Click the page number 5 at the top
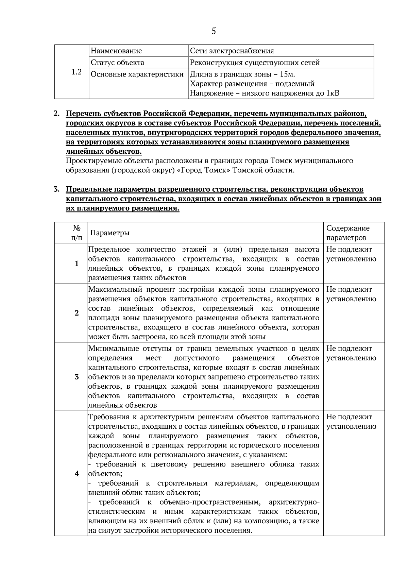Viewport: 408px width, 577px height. click(x=214, y=31)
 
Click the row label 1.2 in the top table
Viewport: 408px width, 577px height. click(x=77, y=72)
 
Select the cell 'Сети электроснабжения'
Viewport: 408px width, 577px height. click(x=232, y=51)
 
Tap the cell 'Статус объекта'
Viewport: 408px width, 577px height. click(x=117, y=63)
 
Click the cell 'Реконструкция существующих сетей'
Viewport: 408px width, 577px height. click(x=255, y=63)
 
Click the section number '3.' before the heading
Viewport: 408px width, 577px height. click(x=57, y=189)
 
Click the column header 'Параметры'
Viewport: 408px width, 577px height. click(x=110, y=233)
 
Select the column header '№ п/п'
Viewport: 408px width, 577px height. click(x=77, y=233)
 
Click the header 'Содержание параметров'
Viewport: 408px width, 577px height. click(x=348, y=233)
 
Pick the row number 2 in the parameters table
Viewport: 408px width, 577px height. click(x=77, y=313)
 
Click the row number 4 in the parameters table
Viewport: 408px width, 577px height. click(x=77, y=474)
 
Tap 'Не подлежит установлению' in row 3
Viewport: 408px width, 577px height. click(x=351, y=353)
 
